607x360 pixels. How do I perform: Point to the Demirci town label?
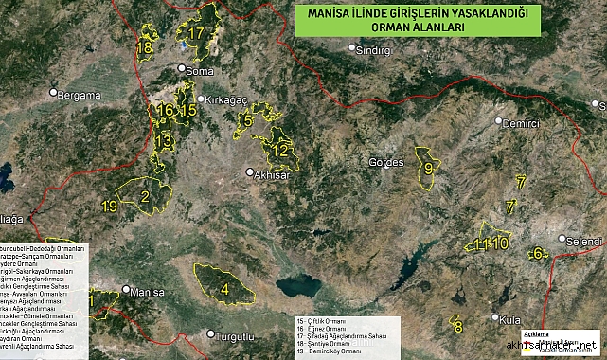pyautogui.click(x=520, y=124)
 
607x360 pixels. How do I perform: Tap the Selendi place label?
pyautogui.click(x=583, y=242)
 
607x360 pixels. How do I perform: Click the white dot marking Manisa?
pyautogui.click(x=126, y=290)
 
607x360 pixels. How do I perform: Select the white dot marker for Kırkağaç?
pyautogui.click(x=200, y=99)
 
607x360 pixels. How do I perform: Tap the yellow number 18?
pyautogui.click(x=144, y=46)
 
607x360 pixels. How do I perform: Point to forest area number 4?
pyautogui.click(x=225, y=289)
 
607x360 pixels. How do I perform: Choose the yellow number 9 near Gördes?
pyautogui.click(x=428, y=169)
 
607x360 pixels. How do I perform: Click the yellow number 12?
pyautogui.click(x=280, y=150)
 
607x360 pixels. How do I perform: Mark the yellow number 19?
pyautogui.click(x=110, y=206)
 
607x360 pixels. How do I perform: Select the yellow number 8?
pyautogui.click(x=457, y=328)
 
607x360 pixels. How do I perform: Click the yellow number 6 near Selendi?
pyautogui.click(x=538, y=253)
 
